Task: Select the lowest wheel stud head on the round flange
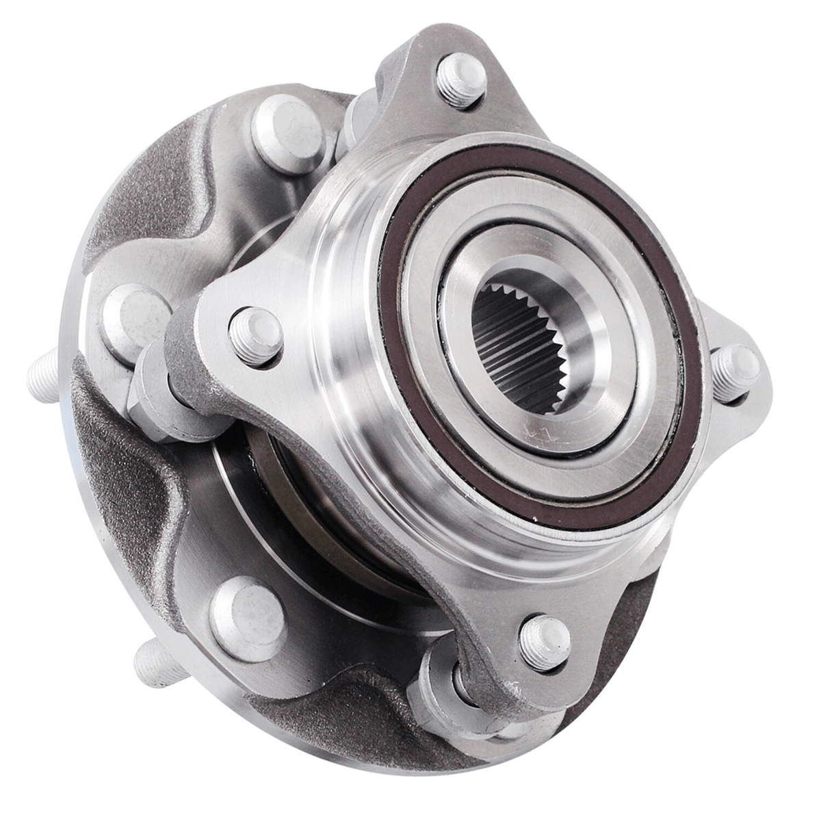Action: tap(246, 609)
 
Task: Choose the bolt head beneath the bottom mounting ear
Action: tap(445, 684)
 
